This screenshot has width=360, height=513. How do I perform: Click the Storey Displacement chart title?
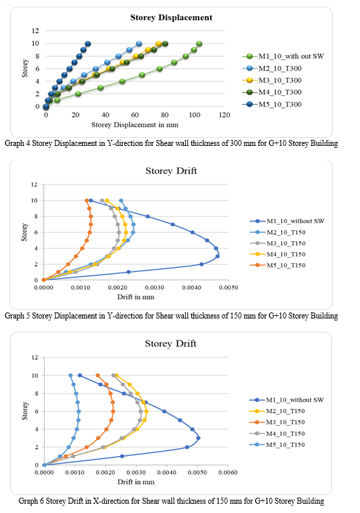coord(171,17)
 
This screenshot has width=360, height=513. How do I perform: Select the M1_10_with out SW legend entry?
coord(283,56)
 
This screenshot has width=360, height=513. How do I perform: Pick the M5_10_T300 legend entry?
coord(272,105)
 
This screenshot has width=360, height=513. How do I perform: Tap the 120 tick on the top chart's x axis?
coord(225,115)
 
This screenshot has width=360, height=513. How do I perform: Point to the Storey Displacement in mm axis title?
coord(135,125)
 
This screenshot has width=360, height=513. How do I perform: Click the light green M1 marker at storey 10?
coord(199,44)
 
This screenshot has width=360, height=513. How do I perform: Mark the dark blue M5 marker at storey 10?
coord(88,44)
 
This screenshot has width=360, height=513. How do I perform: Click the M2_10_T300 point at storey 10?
coord(139,44)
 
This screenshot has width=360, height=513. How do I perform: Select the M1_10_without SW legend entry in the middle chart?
coord(287,221)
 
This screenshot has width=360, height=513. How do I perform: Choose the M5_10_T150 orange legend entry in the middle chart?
coord(278,265)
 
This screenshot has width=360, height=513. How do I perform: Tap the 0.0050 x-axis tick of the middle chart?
coord(229,288)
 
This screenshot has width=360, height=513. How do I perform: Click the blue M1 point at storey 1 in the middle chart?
coord(129,272)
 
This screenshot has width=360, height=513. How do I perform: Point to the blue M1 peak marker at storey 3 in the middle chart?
coord(217,256)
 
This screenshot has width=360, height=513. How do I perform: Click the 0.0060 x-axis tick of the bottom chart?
coord(228,472)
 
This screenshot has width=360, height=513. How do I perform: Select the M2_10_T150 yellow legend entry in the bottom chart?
coord(277,411)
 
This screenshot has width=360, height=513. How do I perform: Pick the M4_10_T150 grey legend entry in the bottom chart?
coord(277,434)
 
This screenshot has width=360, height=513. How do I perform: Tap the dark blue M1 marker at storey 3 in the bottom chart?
coord(198,438)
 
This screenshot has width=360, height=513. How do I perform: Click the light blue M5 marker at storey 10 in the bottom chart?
coord(71,376)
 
